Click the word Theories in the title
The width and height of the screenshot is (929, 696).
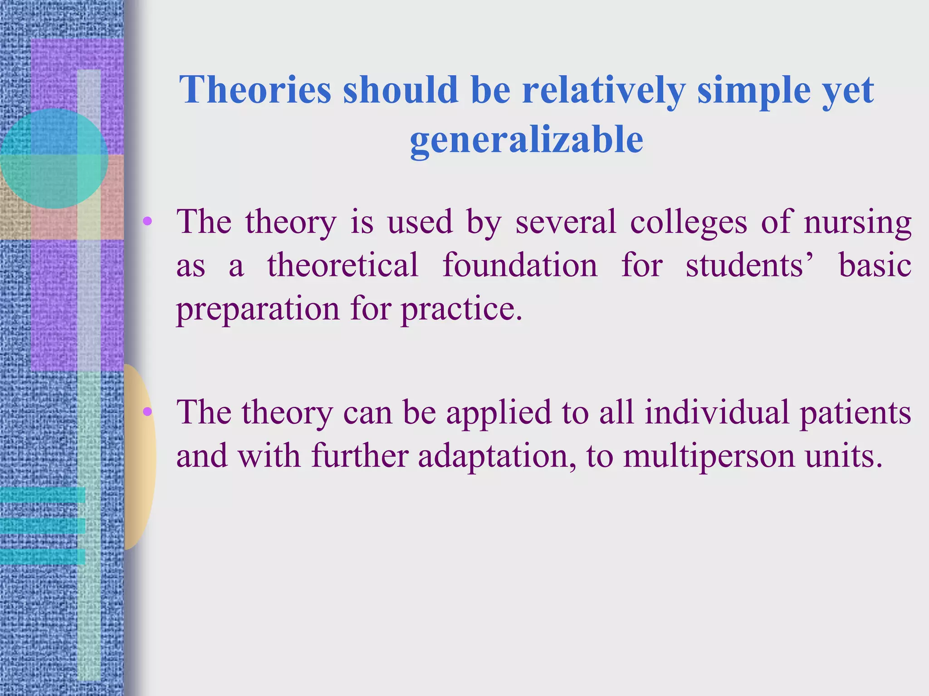point(255,90)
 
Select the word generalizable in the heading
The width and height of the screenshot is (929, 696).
point(526,140)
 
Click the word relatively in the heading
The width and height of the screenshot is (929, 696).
point(603,90)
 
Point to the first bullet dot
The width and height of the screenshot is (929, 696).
point(147,222)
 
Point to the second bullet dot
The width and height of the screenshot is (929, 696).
point(147,412)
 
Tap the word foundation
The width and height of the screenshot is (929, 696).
point(520,265)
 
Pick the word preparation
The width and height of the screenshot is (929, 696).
point(258,310)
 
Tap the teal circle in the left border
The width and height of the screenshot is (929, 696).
point(54,158)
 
